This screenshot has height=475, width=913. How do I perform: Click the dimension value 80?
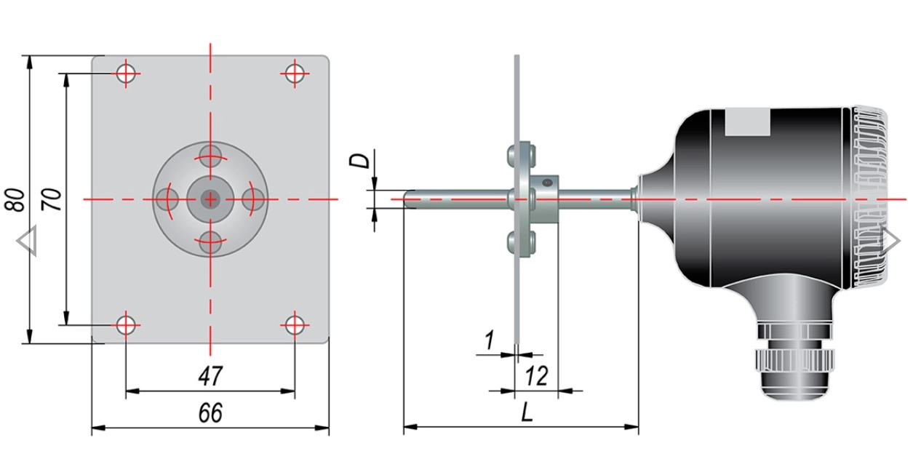click(x=15, y=199)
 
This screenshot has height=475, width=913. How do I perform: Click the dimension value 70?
click(x=52, y=199)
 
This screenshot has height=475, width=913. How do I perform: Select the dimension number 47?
click(x=210, y=376)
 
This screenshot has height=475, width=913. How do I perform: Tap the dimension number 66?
click(x=210, y=412)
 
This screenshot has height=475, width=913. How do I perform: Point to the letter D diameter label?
click(x=359, y=160)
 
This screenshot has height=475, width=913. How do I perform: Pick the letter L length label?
click(x=527, y=413)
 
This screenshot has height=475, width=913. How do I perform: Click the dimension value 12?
click(x=536, y=375)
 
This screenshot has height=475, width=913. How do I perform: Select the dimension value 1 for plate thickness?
click(x=489, y=340)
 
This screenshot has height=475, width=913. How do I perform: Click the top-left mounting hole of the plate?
click(x=126, y=73)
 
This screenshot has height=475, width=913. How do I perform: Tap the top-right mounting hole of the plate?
click(x=295, y=73)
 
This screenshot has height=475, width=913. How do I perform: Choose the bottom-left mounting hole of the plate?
click(x=126, y=325)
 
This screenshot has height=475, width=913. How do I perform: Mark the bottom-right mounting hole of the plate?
click(x=295, y=325)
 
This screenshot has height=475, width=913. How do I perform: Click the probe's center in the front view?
click(x=210, y=199)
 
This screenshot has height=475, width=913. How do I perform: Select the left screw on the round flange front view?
click(x=167, y=199)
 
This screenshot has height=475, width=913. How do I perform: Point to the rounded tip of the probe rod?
click(x=407, y=199)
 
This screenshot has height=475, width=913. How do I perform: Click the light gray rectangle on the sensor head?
click(x=748, y=122)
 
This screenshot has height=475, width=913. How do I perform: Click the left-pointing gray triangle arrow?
click(x=27, y=241)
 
